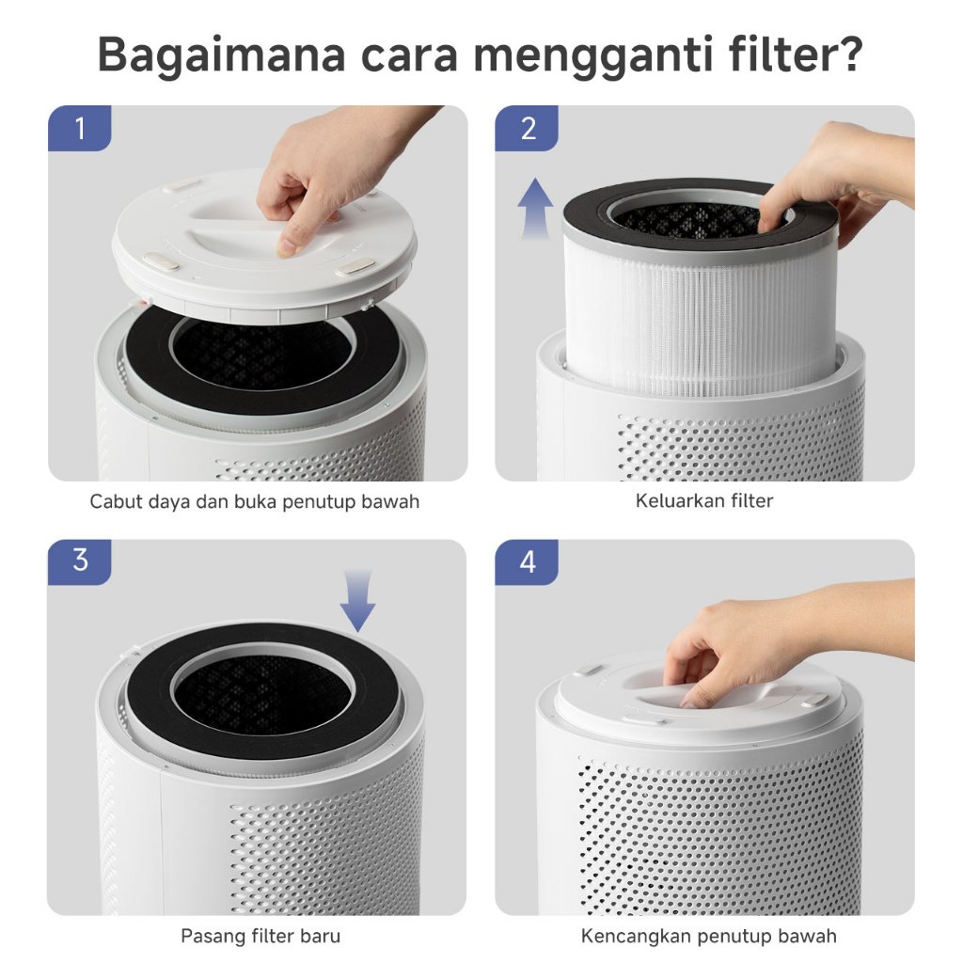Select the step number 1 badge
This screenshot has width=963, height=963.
[x=79, y=128]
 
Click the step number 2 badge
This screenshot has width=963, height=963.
[x=527, y=128]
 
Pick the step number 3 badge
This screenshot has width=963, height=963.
[x=79, y=562]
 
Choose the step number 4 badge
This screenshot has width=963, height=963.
[x=527, y=562]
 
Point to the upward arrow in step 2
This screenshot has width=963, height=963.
[x=535, y=208]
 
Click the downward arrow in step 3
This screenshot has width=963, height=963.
[x=358, y=600]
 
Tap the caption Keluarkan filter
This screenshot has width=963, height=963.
[x=703, y=500]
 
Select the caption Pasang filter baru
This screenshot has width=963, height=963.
[x=260, y=936]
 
